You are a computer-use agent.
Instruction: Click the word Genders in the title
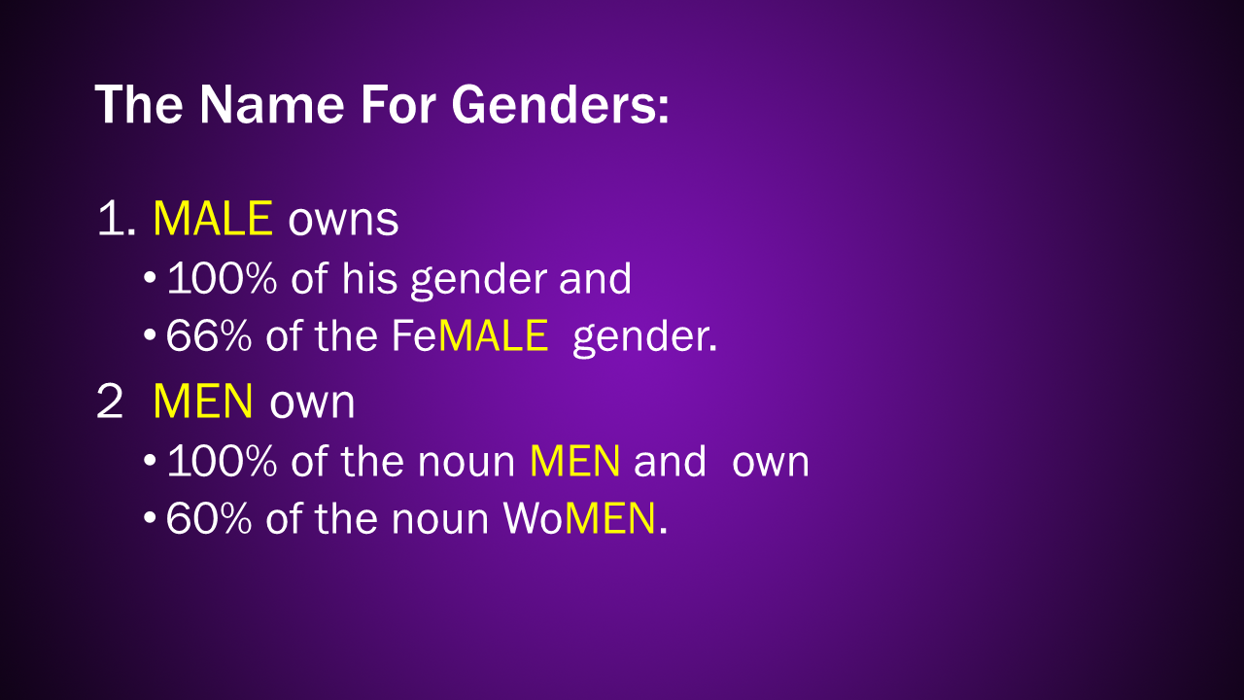[x=560, y=104]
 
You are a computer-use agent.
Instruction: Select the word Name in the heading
[x=271, y=104]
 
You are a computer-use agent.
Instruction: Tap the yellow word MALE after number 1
[x=213, y=219]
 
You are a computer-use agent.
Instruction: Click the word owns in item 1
[x=343, y=221]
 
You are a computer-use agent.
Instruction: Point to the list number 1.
[x=117, y=219]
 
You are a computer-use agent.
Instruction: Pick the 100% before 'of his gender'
[x=222, y=278]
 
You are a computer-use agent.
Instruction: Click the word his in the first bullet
[x=369, y=278]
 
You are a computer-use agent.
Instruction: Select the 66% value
[x=209, y=335]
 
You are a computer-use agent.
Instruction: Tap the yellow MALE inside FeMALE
[x=493, y=335]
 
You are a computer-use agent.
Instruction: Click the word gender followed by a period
[x=644, y=339]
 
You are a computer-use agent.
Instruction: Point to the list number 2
[x=110, y=402]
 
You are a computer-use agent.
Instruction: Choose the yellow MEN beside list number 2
[x=203, y=402]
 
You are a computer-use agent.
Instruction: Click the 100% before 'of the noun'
[x=222, y=461]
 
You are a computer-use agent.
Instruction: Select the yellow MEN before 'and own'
[x=574, y=461]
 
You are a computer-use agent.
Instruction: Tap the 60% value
[x=209, y=519]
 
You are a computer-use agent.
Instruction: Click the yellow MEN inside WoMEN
[x=609, y=519]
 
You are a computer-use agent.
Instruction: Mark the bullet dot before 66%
[x=150, y=335]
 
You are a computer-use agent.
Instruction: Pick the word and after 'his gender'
[x=596, y=278]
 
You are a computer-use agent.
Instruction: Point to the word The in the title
[x=139, y=104]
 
